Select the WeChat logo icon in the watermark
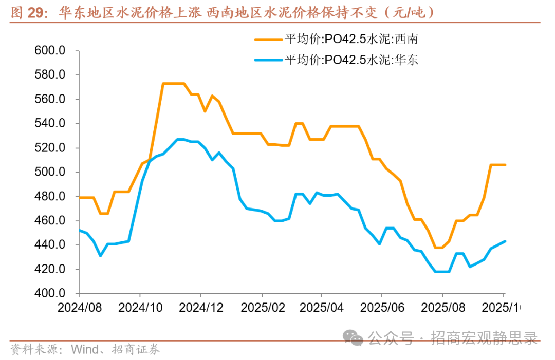355,338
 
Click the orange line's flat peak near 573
174,83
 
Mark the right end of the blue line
505,241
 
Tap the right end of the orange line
505,165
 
